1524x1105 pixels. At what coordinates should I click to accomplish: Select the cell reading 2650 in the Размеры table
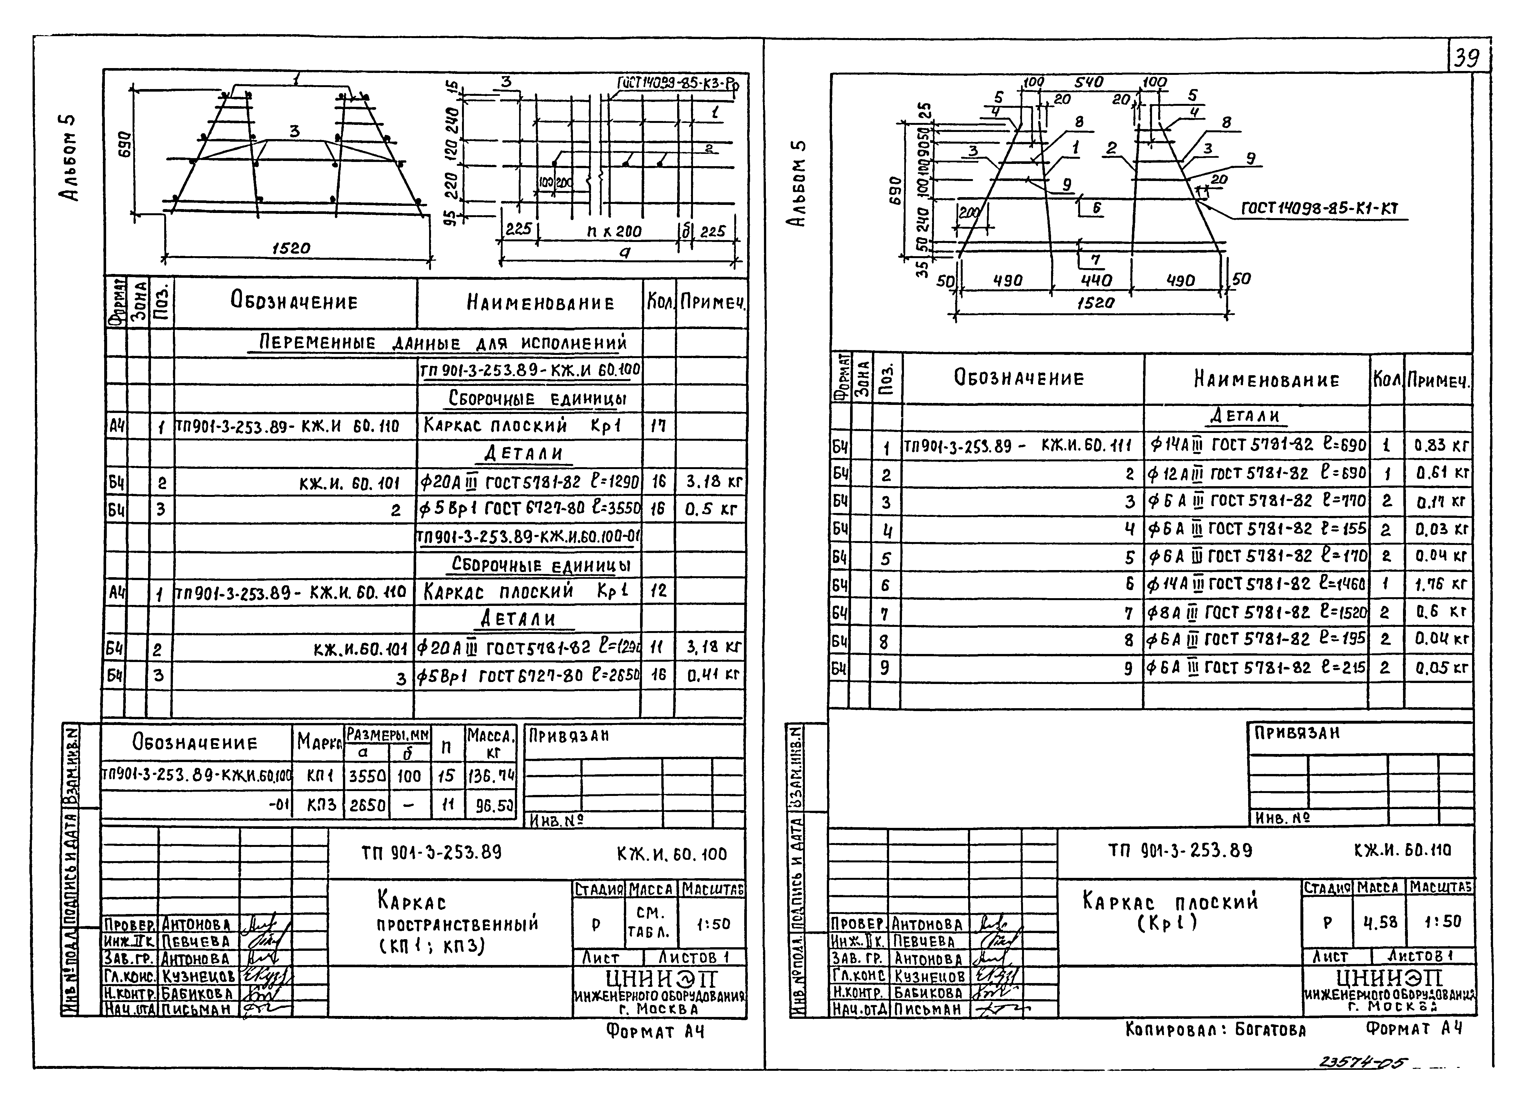(367, 805)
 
